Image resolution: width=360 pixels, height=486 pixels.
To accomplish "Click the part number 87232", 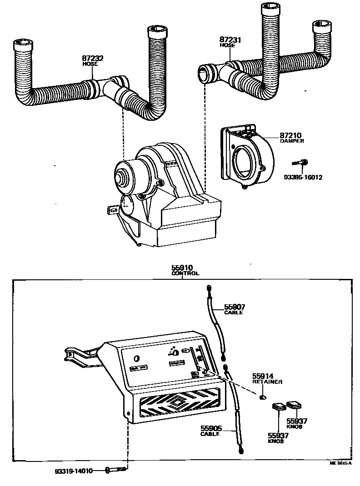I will click(x=93, y=58).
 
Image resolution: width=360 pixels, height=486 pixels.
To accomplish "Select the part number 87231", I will click(x=231, y=40).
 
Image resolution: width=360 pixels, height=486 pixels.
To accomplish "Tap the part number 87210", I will click(x=291, y=135).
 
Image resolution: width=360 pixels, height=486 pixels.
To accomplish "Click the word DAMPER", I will click(x=292, y=141).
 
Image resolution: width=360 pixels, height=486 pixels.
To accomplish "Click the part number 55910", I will click(x=182, y=268).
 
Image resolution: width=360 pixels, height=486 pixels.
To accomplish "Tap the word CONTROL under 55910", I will click(x=185, y=274).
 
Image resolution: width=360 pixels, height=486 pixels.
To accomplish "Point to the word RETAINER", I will click(x=267, y=382).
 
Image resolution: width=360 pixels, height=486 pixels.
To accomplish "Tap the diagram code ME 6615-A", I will click(x=341, y=464).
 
